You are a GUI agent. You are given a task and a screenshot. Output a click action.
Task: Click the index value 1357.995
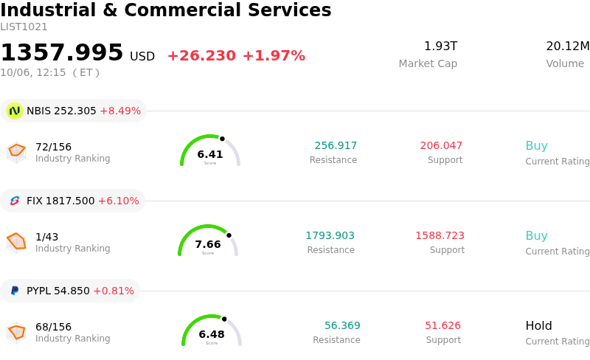pos(62,52)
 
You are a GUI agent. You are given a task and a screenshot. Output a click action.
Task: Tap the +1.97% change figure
pos(274,56)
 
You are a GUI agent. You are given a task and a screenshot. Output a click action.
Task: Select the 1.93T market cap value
pos(440,46)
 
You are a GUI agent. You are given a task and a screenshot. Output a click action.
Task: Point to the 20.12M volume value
pos(568,46)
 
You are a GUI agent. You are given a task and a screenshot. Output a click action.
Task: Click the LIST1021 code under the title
pos(24,27)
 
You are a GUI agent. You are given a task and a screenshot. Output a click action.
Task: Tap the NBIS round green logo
pos(15,111)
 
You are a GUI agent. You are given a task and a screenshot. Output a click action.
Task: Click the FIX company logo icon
pos(15,201)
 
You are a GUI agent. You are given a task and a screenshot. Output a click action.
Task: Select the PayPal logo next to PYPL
pos(15,291)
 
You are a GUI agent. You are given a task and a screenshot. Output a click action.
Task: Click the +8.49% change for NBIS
pos(120,111)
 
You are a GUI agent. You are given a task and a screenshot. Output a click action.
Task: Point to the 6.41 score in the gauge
pos(210,154)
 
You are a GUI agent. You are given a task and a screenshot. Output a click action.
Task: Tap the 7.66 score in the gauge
pos(208,244)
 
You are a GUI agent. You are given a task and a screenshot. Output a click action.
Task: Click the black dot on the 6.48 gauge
pos(224,319)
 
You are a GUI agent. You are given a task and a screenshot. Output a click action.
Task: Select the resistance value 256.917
pos(336,145)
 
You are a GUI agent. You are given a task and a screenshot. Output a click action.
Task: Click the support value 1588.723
pos(440,235)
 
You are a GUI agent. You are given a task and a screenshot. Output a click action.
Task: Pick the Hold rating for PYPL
pos(539,325)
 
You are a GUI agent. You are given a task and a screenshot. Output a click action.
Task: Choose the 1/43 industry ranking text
pos(46,237)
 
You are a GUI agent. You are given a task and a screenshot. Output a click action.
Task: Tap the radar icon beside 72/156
pos(16,153)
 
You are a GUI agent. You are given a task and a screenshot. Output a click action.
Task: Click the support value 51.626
pos(443,325)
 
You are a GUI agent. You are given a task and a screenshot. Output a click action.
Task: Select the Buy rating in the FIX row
pos(537,235)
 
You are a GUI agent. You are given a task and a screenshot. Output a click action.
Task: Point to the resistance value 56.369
pos(342,325)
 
